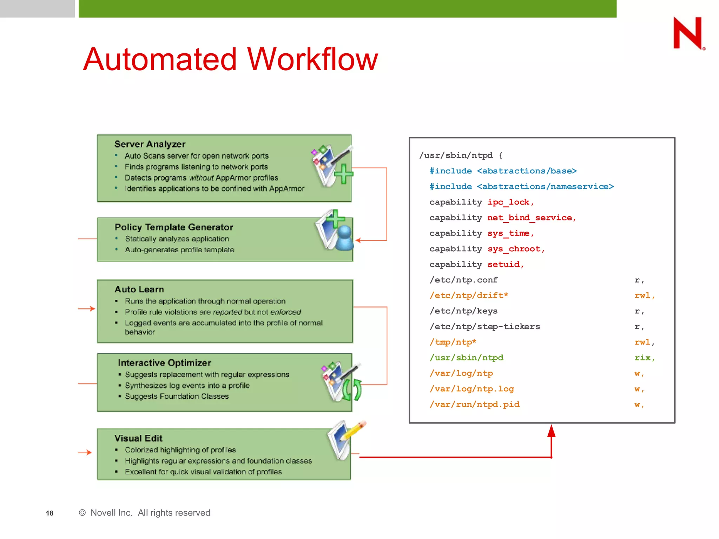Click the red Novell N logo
pyautogui.click(x=688, y=33)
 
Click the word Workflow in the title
pyautogui.click(x=312, y=60)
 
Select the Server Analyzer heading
pyautogui.click(x=150, y=144)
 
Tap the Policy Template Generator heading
pyautogui.click(x=174, y=227)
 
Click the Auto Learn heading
pyautogui.click(x=139, y=290)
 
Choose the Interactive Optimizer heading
pyautogui.click(x=164, y=363)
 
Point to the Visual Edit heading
pyautogui.click(x=138, y=439)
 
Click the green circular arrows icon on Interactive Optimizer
pyautogui.click(x=352, y=390)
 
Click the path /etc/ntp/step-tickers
pyautogui.click(x=485, y=327)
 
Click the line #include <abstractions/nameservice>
pyautogui.click(x=521, y=187)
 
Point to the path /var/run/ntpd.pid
pyautogui.click(x=475, y=405)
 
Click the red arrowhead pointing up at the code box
pyautogui.click(x=552, y=432)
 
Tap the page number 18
pyautogui.click(x=50, y=513)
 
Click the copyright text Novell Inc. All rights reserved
pyautogui.click(x=145, y=513)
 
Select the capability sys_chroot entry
pyautogui.click(x=487, y=249)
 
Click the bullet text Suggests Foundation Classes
pyautogui.click(x=177, y=397)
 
